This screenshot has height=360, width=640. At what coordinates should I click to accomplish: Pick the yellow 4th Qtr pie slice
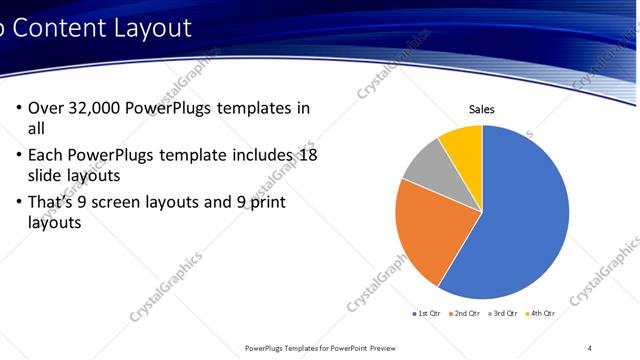(463, 142)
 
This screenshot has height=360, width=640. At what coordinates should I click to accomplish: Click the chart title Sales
(482, 109)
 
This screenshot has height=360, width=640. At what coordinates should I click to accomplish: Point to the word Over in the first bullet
(46, 108)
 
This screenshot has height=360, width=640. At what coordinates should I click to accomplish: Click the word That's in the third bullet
(52, 202)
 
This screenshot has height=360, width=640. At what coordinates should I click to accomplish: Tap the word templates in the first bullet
(260, 108)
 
